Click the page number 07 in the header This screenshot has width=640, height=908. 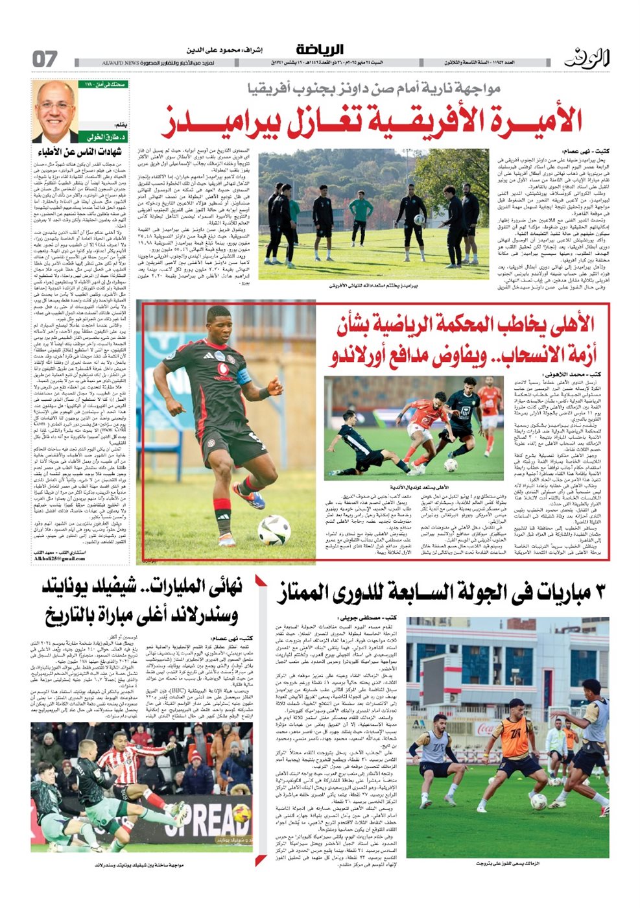pyautogui.click(x=45, y=59)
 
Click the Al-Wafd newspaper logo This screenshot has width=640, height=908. pyautogui.click(x=586, y=58)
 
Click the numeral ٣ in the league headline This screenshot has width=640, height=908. pyautogui.click(x=600, y=591)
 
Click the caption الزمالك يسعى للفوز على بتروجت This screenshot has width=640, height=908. pyautogui.click(x=509, y=863)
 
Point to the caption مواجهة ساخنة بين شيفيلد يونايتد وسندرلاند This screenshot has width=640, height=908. pyautogui.click(x=141, y=865)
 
